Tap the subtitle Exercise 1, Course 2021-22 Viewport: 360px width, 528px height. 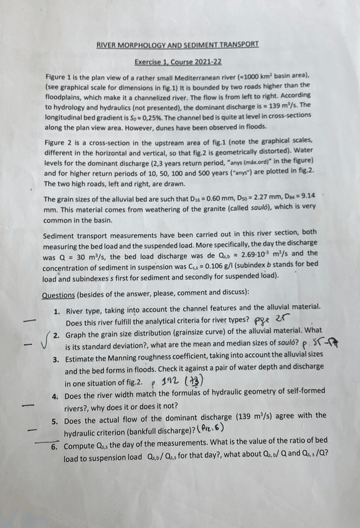pyautogui.click(x=178, y=62)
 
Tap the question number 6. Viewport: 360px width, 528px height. pyautogui.click(x=55, y=447)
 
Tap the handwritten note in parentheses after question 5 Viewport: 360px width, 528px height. pyautogui.click(x=208, y=429)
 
